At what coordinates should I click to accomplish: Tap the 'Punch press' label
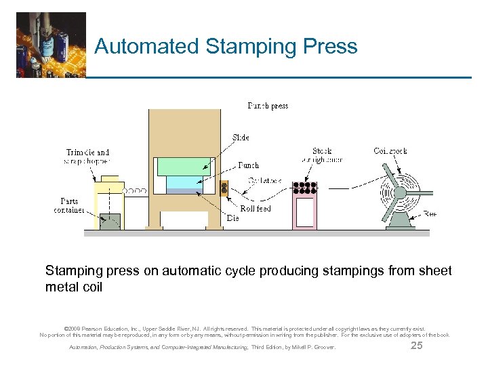[x=268, y=106]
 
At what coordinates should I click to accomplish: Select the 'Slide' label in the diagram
[x=241, y=138]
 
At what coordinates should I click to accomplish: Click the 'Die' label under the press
[x=232, y=218]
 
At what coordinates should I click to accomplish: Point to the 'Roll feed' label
[x=255, y=209]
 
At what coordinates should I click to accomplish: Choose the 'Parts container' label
[x=69, y=205]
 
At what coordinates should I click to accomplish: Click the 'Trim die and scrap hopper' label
[x=87, y=157]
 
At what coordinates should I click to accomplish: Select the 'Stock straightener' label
[x=322, y=155]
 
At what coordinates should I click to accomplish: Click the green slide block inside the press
[x=184, y=167]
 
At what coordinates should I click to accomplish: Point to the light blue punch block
[x=184, y=182]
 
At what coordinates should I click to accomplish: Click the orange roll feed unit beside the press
[x=224, y=189]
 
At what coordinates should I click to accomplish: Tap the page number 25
[x=417, y=346]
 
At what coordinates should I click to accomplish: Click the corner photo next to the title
[x=52, y=45]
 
